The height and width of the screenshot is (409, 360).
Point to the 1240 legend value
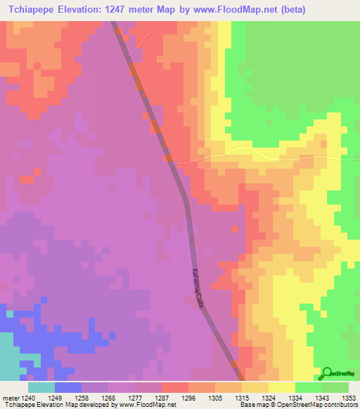tap(27, 396)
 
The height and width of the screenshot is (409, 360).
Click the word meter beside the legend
tap(10, 396)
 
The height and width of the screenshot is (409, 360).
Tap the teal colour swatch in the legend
tap(41, 387)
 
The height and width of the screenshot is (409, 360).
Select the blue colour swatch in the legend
tap(68, 387)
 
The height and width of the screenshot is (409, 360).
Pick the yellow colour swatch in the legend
tap(281, 387)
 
